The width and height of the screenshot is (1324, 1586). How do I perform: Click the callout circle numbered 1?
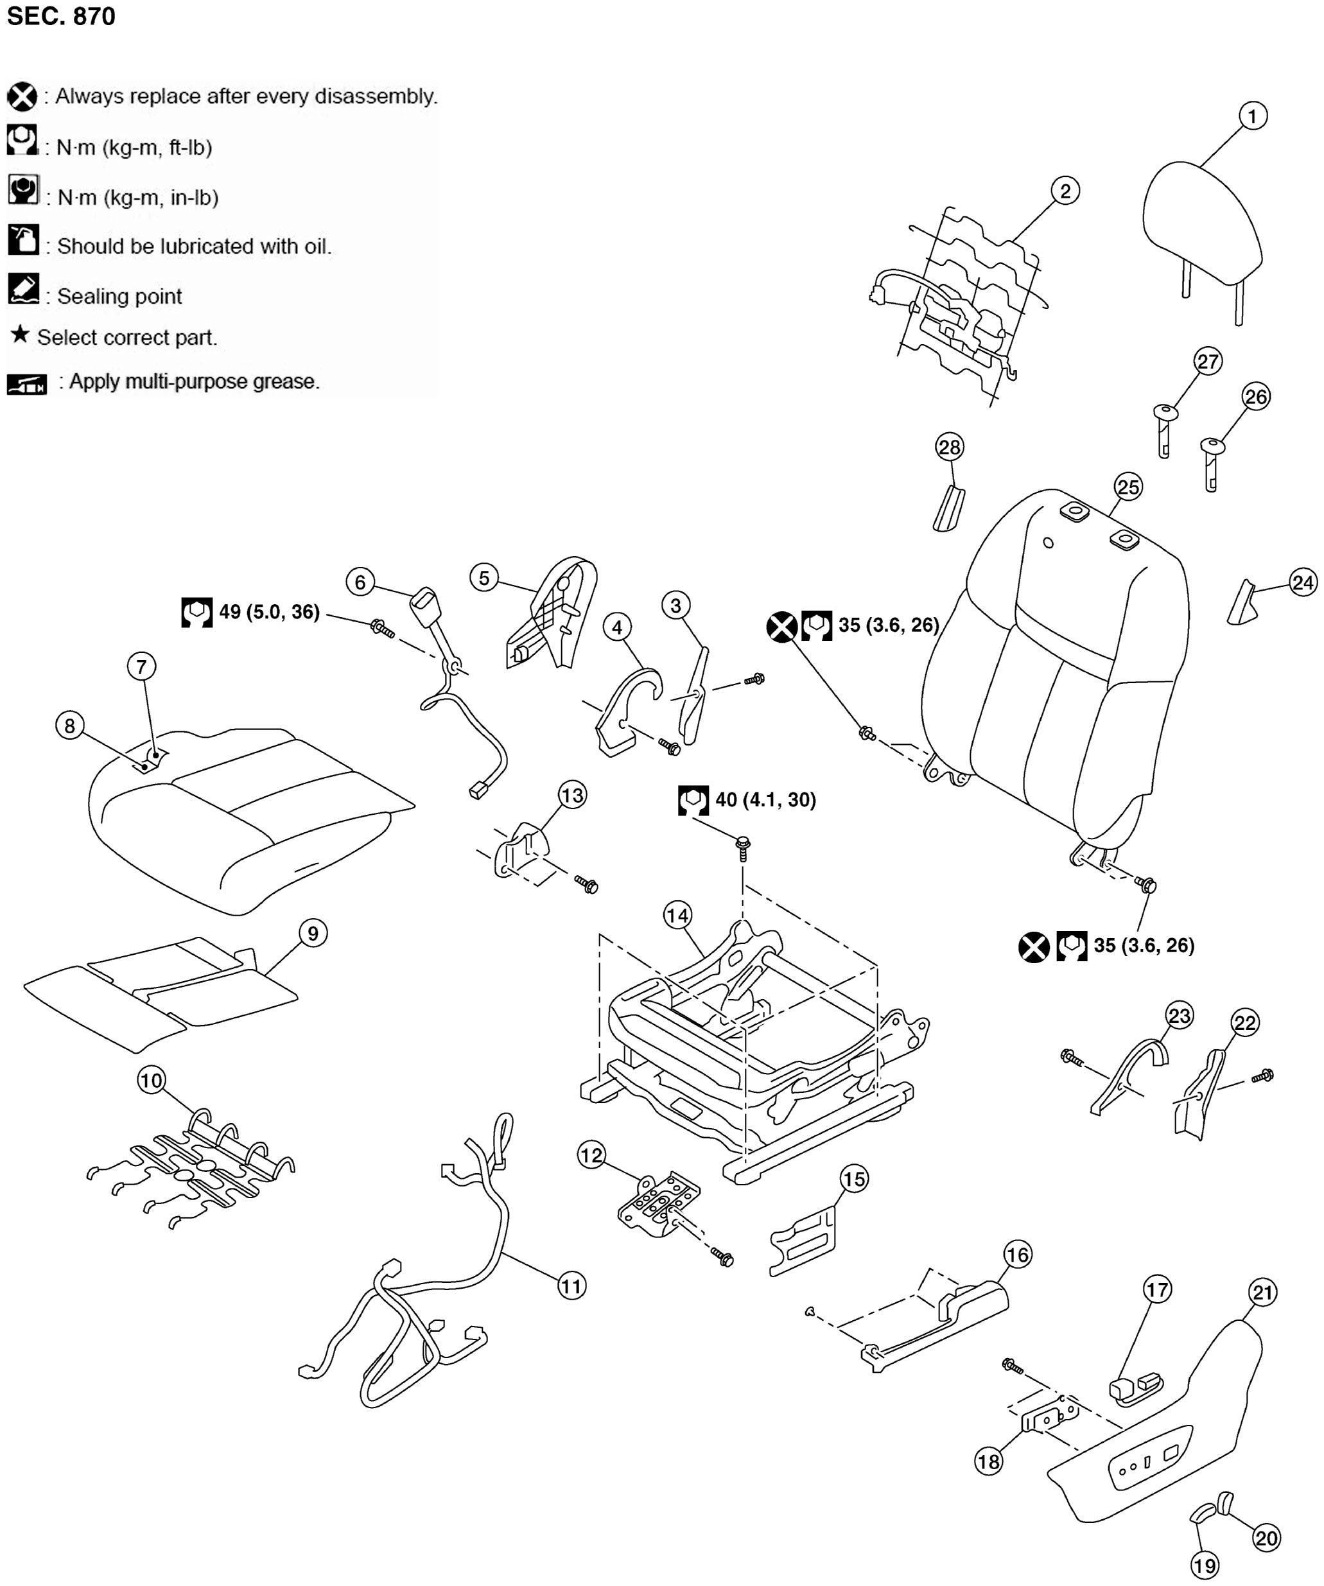[x=1253, y=116]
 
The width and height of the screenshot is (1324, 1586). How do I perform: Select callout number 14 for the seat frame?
[x=677, y=916]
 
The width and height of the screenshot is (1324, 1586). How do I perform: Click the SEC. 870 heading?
[x=61, y=16]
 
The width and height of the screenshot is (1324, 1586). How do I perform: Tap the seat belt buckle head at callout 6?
[x=424, y=604]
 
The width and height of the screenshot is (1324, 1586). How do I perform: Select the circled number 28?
[x=950, y=447]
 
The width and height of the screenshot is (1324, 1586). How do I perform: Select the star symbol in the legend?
[x=21, y=334]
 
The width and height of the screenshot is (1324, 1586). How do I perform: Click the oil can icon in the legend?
[x=23, y=240]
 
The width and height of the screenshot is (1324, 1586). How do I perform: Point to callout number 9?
[x=313, y=934]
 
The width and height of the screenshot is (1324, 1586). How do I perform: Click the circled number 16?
[x=1017, y=1255]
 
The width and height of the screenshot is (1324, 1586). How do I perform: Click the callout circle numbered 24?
[x=1303, y=582]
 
